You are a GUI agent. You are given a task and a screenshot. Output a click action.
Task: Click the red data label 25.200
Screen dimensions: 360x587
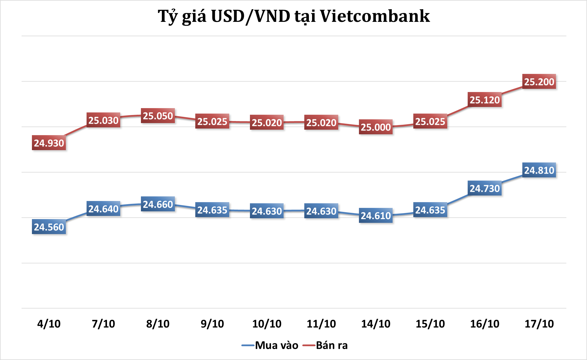(x=539, y=82)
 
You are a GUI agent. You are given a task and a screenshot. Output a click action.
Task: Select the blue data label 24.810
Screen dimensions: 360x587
(x=539, y=170)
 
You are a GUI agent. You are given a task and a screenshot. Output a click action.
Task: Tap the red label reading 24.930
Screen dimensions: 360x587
(x=49, y=143)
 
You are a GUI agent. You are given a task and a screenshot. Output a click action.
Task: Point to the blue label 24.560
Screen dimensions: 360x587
(x=49, y=227)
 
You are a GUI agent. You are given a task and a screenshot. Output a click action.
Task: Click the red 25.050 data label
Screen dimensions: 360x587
(x=158, y=116)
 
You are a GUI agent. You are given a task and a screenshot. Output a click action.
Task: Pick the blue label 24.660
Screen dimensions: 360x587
(x=158, y=204)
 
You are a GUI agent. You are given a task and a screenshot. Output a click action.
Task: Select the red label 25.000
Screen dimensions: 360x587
(x=376, y=127)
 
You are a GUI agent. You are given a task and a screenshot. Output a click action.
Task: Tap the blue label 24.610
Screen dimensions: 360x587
(x=376, y=216)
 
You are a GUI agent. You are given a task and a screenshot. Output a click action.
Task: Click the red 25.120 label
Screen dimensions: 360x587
(x=484, y=100)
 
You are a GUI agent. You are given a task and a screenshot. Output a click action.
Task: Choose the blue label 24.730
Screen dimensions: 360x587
(x=484, y=188)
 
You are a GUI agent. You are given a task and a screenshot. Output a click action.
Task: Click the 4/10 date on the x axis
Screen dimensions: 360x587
(x=49, y=324)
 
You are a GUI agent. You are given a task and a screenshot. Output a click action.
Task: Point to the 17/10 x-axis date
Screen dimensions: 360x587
(x=539, y=324)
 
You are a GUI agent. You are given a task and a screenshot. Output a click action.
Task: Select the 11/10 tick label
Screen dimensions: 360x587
(x=321, y=324)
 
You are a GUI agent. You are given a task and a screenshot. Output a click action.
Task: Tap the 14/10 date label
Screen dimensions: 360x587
(x=376, y=324)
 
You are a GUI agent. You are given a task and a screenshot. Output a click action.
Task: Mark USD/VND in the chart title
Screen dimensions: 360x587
(x=251, y=16)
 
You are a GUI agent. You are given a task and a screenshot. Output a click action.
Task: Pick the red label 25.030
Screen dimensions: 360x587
(x=103, y=120)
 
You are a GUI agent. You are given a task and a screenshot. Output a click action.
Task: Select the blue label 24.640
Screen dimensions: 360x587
(x=103, y=209)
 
